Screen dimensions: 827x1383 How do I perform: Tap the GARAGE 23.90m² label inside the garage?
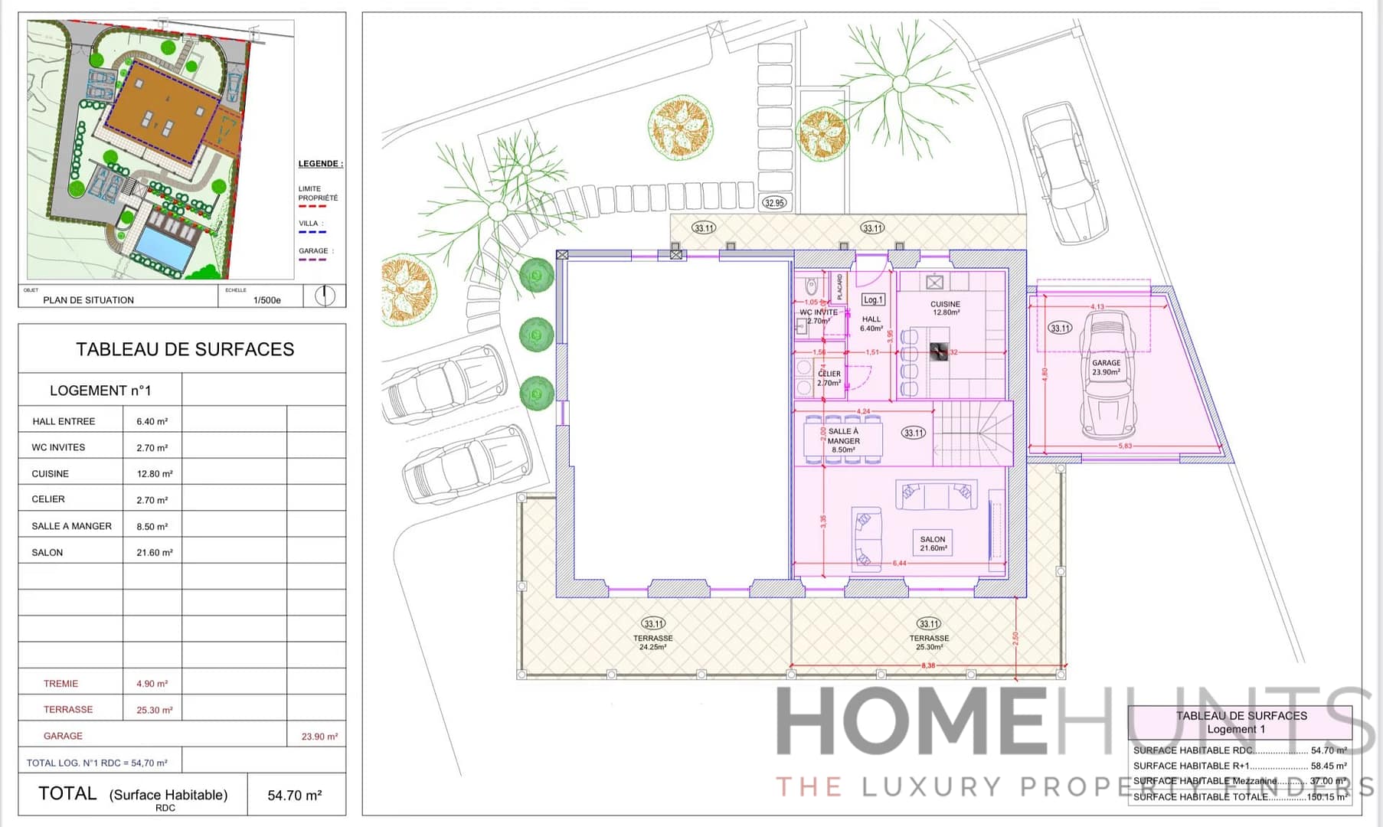(x=1106, y=368)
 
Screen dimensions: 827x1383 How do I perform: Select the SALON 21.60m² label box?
(x=933, y=543)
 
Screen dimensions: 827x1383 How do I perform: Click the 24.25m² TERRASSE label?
(x=652, y=642)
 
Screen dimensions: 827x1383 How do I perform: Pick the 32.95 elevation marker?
(x=774, y=203)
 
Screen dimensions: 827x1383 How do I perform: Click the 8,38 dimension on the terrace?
(x=928, y=665)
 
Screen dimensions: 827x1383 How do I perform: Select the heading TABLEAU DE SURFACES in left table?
(x=185, y=349)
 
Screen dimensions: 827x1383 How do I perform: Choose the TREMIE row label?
(x=60, y=684)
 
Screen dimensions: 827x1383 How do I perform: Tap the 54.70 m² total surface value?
(x=294, y=796)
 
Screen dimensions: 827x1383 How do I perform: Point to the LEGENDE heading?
(x=320, y=164)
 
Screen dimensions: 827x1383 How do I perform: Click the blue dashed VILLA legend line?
(x=312, y=232)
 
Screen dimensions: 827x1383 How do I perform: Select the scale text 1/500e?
(x=266, y=300)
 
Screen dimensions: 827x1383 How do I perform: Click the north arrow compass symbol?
(x=325, y=296)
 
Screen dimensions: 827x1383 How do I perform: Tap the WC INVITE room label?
(x=819, y=312)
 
